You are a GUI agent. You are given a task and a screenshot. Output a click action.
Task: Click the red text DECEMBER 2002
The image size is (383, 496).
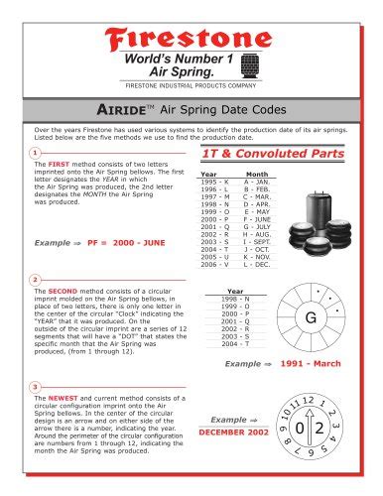click(234, 434)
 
